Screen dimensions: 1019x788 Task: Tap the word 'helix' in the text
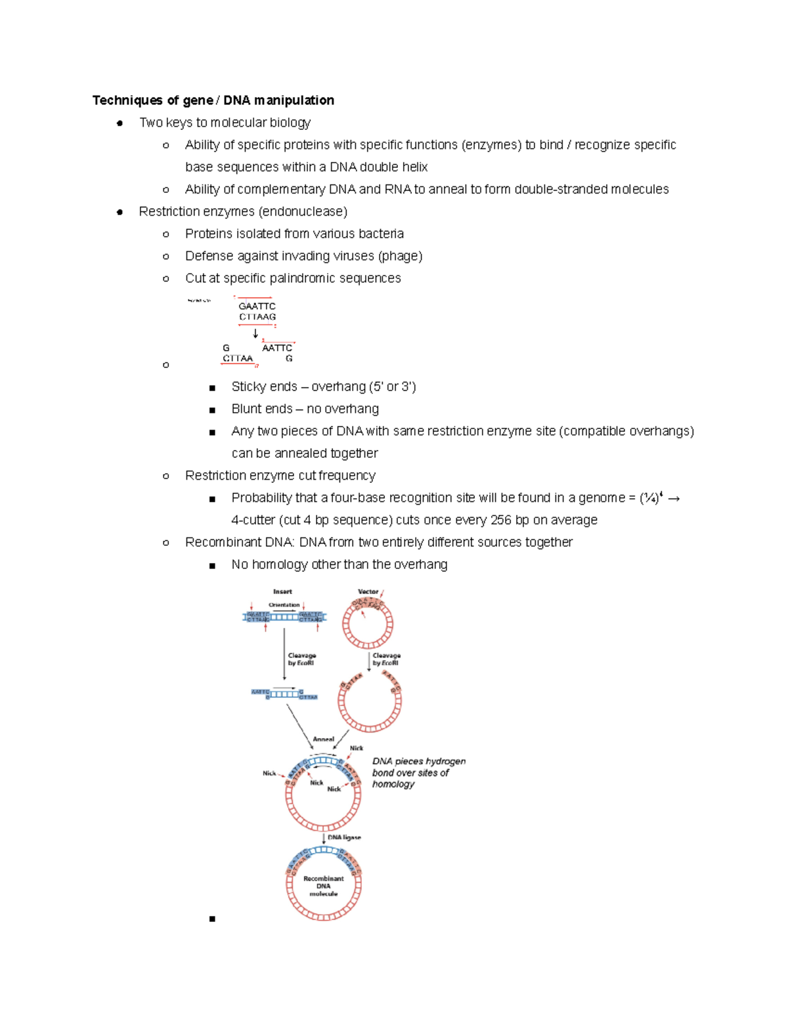[414, 167]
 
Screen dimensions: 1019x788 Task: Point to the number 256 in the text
[500, 520]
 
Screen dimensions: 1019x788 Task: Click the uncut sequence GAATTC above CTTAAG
[257, 306]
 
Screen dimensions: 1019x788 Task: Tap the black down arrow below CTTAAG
[255, 333]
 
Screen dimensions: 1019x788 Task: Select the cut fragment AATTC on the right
[276, 348]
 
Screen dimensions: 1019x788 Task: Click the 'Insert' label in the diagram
[282, 592]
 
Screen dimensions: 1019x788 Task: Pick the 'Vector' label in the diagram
[368, 592]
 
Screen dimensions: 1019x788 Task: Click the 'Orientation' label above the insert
[284, 605]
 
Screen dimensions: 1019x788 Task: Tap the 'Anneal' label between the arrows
[323, 739]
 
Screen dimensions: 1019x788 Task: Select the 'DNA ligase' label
[344, 838]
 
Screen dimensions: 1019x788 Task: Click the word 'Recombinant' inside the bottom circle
[323, 879]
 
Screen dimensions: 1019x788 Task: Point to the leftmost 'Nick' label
[269, 774]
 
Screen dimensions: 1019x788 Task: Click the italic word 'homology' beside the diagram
[393, 784]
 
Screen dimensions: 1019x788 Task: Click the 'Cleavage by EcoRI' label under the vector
[386, 659]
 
